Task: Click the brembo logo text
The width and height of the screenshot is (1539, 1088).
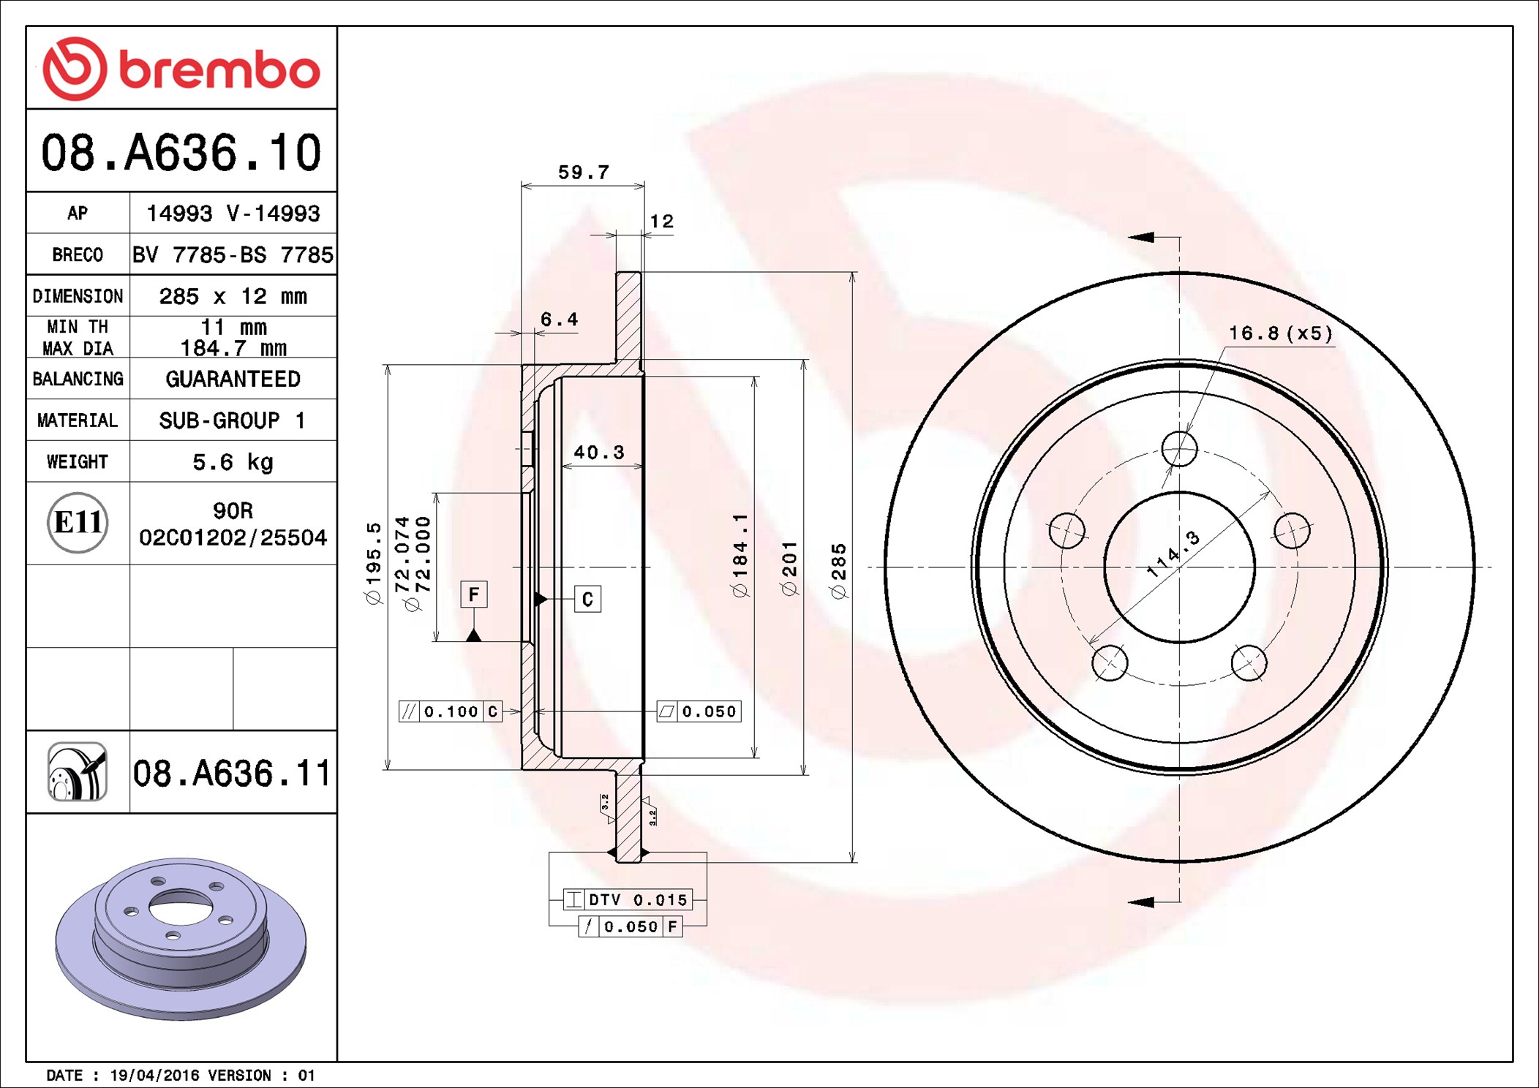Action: click(219, 70)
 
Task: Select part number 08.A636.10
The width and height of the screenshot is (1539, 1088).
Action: click(181, 153)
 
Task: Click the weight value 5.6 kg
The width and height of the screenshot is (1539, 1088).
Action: click(233, 462)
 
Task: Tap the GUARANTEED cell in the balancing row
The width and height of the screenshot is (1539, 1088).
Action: click(233, 379)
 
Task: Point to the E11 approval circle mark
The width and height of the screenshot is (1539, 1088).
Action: click(78, 523)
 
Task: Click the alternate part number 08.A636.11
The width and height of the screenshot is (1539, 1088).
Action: click(232, 774)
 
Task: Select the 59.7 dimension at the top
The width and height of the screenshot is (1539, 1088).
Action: click(583, 173)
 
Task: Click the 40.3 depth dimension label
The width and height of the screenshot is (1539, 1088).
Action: click(598, 453)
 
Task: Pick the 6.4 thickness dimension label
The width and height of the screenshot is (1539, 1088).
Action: click(559, 320)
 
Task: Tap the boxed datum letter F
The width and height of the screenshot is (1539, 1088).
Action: click(473, 594)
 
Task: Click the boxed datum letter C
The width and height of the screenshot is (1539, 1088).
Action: click(587, 600)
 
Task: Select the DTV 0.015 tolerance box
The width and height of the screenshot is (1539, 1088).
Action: click(627, 900)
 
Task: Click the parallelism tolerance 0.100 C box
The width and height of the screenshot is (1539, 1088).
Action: click(451, 711)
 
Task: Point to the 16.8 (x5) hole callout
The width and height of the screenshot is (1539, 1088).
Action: click(1280, 333)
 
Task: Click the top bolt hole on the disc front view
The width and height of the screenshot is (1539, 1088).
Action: click(1179, 448)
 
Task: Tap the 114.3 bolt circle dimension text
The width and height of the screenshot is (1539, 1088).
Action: click(1173, 554)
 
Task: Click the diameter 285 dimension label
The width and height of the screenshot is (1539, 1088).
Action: click(839, 571)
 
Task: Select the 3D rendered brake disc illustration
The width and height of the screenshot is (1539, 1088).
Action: click(181, 938)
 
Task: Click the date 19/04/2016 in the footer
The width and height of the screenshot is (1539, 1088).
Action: click(154, 1076)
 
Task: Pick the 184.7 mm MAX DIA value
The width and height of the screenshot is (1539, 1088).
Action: click(233, 348)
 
